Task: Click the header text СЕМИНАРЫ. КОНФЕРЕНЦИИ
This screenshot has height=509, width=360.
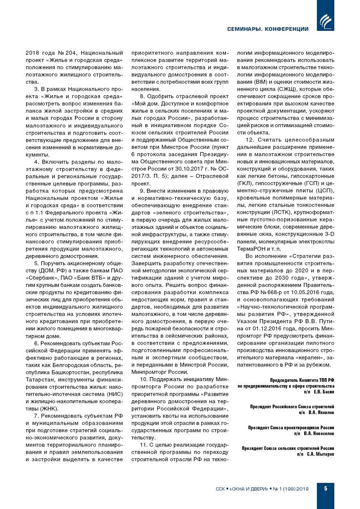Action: tap(268, 29)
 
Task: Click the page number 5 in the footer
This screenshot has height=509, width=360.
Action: tap(325, 488)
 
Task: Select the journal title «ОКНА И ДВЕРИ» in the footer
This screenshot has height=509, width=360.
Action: tap(249, 489)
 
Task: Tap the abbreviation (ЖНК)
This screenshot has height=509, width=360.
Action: tap(49, 408)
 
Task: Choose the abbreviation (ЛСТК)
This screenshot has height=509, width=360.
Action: tap(280, 212)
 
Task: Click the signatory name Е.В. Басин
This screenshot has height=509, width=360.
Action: tap(324, 392)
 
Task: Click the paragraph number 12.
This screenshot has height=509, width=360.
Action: tap(250, 140)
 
